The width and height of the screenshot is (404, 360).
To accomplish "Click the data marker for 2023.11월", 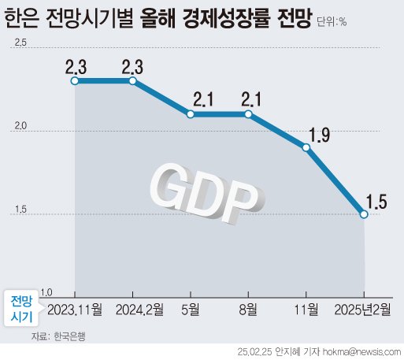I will coord(74,80).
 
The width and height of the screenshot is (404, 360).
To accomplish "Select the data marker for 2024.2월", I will coord(132,80).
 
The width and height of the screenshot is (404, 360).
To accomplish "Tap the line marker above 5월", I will coord(191,114).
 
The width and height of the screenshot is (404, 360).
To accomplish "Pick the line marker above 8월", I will coord(248,114).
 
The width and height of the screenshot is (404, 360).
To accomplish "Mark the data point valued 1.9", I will coord(306,147).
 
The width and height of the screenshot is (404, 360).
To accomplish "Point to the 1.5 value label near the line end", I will coord(376,199).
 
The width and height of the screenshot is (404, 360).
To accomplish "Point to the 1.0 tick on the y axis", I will coord(24,291).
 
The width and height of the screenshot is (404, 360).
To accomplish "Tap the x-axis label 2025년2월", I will coord(362,308).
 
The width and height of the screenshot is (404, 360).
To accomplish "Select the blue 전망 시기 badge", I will coord(22,309).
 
